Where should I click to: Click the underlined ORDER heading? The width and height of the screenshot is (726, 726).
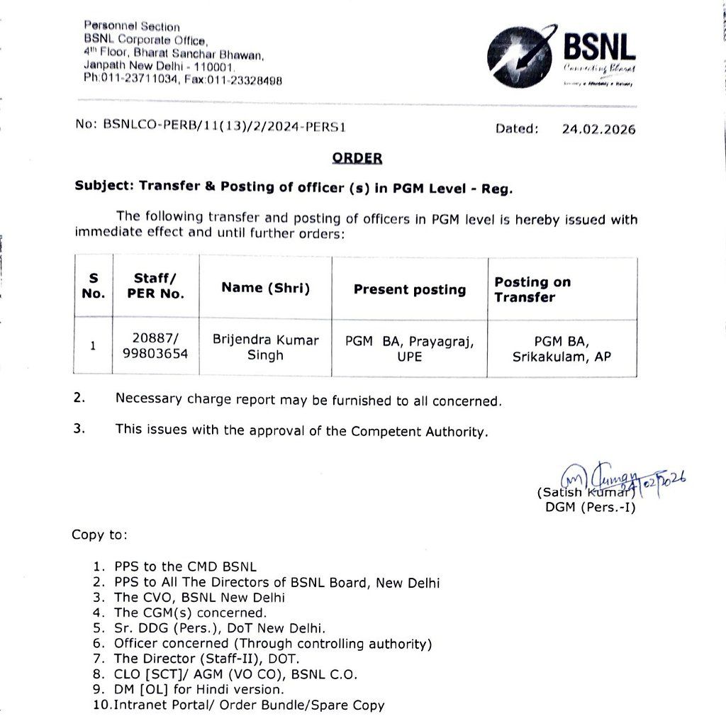click(357, 158)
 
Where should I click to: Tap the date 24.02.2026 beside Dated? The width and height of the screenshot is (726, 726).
click(598, 129)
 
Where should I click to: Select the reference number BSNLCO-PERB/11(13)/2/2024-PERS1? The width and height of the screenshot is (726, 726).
click(224, 124)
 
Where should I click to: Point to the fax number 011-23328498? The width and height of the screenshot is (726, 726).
click(242, 80)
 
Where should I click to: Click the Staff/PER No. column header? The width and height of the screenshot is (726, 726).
click(155, 286)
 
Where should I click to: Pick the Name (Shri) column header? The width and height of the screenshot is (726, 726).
click(265, 287)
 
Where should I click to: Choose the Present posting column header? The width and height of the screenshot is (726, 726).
click(409, 289)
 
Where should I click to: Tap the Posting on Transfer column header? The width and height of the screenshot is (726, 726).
click(532, 289)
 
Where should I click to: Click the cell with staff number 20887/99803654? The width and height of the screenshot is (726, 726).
click(155, 347)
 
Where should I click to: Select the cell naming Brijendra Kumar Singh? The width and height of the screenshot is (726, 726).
click(265, 347)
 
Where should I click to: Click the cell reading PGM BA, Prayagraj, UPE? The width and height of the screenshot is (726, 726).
click(409, 349)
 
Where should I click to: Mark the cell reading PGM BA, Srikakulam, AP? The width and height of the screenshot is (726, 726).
click(562, 349)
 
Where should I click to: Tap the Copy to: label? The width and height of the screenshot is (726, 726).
click(99, 535)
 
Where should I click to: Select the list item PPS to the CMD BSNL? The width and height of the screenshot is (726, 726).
click(184, 567)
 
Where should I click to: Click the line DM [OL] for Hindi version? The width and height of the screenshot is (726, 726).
click(199, 689)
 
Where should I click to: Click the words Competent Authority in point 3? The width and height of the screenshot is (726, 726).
click(419, 431)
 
